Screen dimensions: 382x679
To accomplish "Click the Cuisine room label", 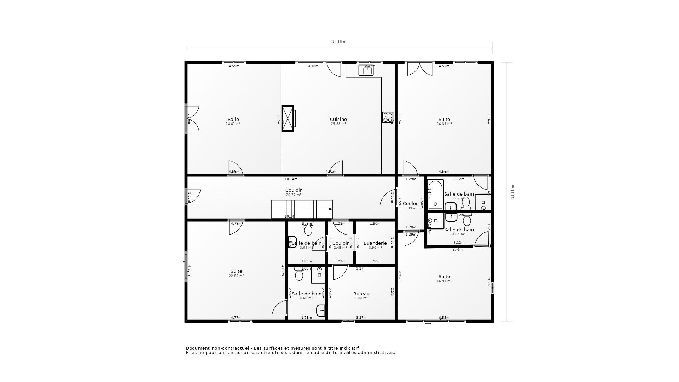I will [338, 120].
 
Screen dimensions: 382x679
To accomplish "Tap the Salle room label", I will [233, 120].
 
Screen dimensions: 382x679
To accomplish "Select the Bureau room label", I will [361, 294].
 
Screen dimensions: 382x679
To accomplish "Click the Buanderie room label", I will [375, 243].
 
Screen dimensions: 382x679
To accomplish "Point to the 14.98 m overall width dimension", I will [339, 42].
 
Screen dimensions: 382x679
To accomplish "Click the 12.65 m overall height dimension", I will [513, 192].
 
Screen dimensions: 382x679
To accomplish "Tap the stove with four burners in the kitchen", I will [388, 117].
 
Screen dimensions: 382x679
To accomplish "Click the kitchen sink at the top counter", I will [366, 70].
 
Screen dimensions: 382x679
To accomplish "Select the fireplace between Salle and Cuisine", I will [288, 118].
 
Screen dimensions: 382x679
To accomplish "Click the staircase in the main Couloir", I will [302, 209].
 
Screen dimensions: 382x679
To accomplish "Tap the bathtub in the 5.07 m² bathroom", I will [435, 195].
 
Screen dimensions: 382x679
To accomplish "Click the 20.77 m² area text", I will [294, 195].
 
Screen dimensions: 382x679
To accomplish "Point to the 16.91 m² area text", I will [444, 281].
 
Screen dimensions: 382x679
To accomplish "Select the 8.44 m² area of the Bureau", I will [361, 298].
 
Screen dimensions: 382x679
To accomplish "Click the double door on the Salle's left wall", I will [193, 118].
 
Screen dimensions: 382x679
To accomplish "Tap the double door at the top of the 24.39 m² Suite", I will [419, 69].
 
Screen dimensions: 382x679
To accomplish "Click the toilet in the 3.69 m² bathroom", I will [308, 230].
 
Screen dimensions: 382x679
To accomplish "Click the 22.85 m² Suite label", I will [236, 271].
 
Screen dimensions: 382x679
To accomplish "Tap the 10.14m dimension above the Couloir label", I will [291, 179].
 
